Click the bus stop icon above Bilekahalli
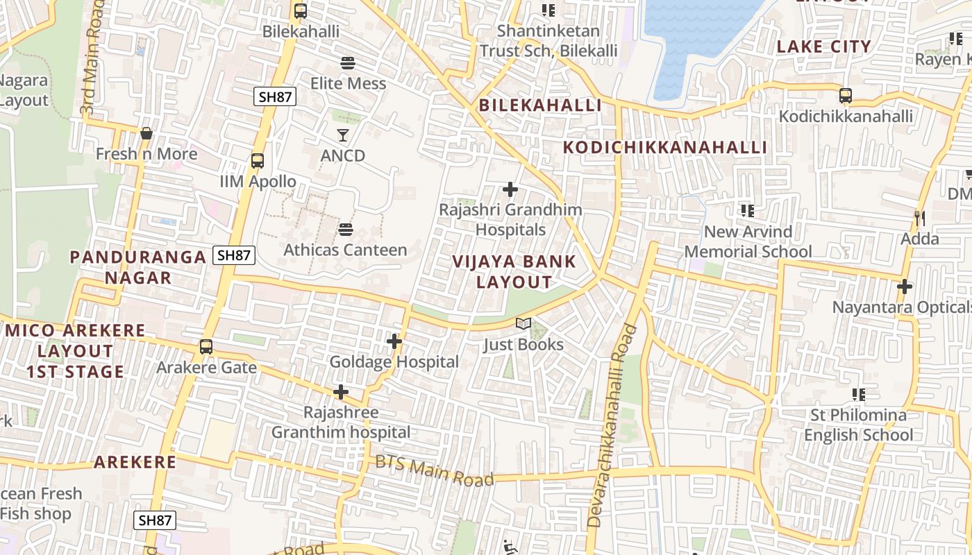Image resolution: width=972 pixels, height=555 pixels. tap(300, 11)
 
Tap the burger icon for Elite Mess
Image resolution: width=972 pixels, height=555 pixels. tap(348, 63)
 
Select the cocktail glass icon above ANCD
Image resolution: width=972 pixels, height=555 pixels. tap(343, 135)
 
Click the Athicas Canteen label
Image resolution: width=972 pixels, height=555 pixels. tap(345, 250)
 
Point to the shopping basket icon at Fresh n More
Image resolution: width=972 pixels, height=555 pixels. tap(146, 133)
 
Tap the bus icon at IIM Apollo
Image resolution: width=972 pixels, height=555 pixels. tap(258, 161)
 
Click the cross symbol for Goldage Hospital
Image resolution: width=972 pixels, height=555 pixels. tap(394, 341)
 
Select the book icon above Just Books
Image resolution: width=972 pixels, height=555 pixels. tap(523, 324)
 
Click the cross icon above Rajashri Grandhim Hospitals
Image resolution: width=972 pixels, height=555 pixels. tap(510, 189)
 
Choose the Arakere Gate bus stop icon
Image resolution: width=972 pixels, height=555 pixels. tap(206, 347)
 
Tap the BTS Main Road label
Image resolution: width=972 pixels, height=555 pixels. tap(435, 471)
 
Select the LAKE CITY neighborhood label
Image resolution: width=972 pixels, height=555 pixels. tap(823, 46)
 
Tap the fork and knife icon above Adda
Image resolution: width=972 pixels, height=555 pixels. tap(919, 219)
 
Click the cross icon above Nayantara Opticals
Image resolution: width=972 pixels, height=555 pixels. tap(905, 286)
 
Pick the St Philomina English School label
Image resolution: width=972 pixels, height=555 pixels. tap(859, 425)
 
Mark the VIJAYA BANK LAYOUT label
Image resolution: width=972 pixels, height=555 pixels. tap(514, 271)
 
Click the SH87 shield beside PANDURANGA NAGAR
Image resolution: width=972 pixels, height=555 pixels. tap(234, 255)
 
